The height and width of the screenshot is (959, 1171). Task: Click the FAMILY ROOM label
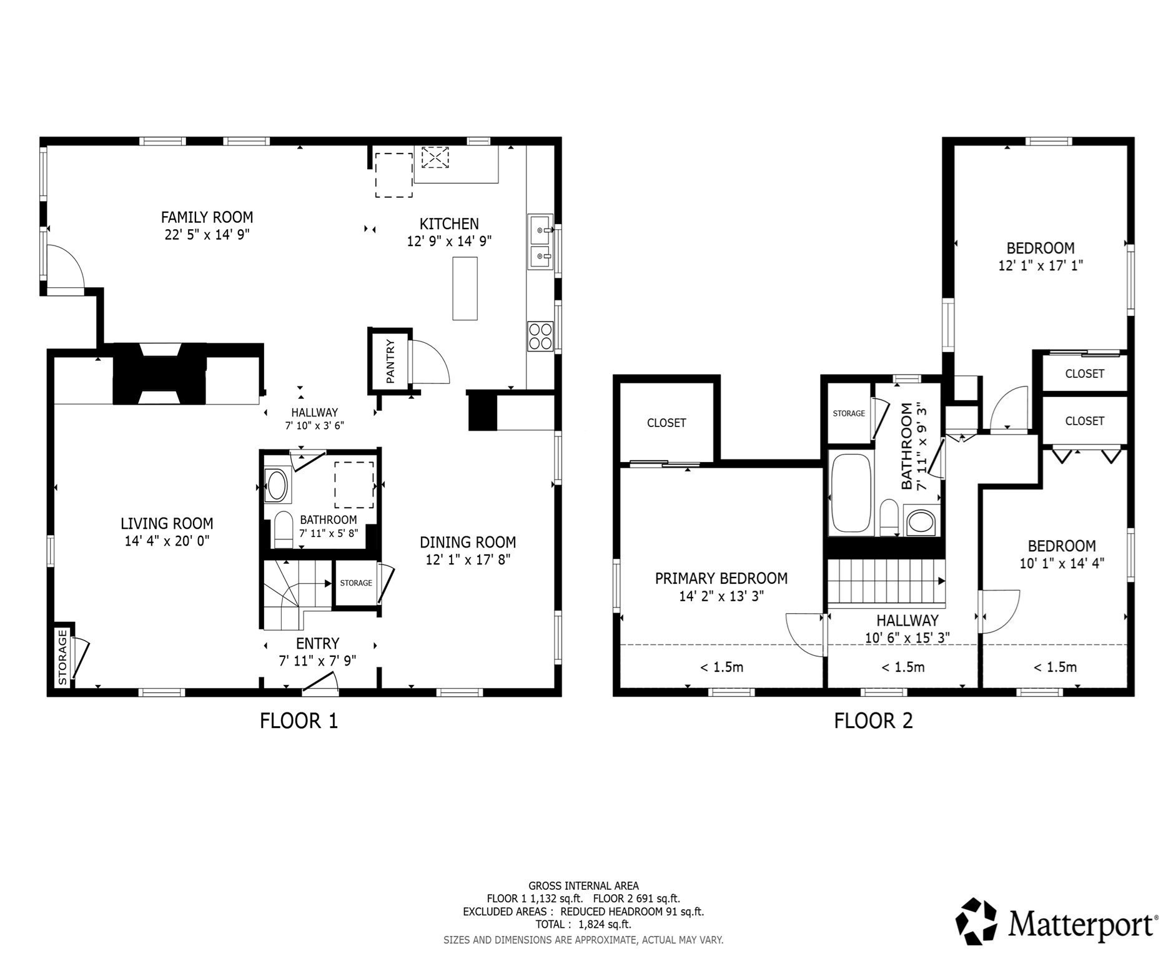click(207, 217)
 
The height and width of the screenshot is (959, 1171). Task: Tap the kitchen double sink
click(540, 242)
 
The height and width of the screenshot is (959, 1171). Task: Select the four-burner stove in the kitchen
click(540, 336)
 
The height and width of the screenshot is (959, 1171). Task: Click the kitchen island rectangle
click(465, 288)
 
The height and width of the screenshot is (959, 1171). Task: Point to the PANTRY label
click(390, 361)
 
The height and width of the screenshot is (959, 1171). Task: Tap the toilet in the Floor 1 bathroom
click(284, 529)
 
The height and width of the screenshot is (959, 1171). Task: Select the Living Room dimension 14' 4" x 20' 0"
click(167, 541)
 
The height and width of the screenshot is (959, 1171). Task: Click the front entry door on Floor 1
click(320, 683)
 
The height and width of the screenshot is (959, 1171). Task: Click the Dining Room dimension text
click(468, 559)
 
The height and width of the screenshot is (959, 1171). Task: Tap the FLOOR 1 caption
click(299, 721)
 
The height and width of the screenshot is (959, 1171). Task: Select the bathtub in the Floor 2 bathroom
click(850, 494)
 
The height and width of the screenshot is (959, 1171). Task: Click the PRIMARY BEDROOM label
click(721, 579)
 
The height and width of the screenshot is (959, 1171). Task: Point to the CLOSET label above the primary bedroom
click(666, 423)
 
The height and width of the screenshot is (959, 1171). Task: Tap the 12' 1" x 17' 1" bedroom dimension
click(1040, 265)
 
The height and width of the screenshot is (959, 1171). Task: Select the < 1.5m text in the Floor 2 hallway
click(902, 667)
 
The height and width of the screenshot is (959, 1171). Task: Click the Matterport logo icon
click(977, 922)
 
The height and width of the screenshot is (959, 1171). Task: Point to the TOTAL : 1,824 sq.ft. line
click(583, 925)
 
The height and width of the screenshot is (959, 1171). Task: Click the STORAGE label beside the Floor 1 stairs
click(356, 583)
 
